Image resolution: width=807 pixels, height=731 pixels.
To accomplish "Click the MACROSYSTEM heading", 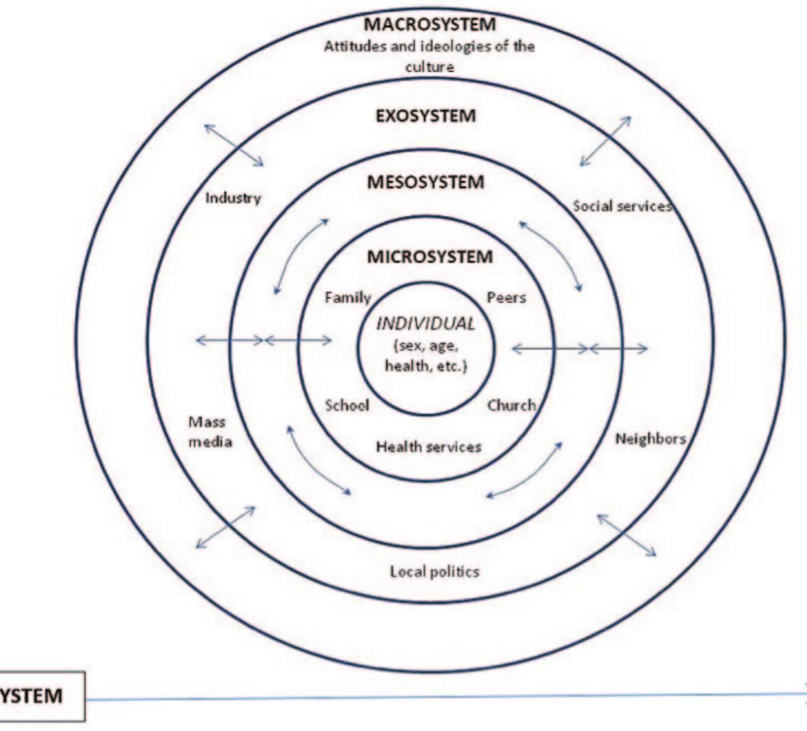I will click(x=430, y=25).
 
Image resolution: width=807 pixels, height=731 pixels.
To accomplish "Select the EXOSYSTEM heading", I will click(x=426, y=116).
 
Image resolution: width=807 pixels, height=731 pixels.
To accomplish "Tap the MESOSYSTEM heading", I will click(x=426, y=182).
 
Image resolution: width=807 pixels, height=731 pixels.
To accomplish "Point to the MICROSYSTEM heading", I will click(x=430, y=257).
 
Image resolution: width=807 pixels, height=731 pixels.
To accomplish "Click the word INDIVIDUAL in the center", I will click(x=426, y=324).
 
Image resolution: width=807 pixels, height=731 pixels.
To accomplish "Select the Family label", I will click(x=347, y=298).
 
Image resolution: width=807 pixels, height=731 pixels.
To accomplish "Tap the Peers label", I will click(x=506, y=298).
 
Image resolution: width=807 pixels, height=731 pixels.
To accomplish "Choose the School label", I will click(x=347, y=405).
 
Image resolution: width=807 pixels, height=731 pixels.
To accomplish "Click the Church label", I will click(x=511, y=405).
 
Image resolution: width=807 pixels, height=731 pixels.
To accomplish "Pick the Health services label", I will click(x=428, y=447).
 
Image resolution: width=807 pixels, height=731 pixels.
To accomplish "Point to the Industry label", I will click(x=233, y=198).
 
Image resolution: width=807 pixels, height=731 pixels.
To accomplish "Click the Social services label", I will click(x=622, y=206).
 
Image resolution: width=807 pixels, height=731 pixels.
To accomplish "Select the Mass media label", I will click(x=209, y=431).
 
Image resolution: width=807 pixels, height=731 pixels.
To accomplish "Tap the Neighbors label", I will click(x=650, y=439).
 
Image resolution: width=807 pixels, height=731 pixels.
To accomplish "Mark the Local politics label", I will click(x=434, y=572).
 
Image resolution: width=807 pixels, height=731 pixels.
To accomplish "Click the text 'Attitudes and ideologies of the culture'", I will click(x=429, y=56).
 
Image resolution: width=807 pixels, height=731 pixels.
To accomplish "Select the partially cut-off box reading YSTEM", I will click(x=40, y=696).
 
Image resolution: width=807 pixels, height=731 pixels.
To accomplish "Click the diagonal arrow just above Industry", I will click(x=234, y=145).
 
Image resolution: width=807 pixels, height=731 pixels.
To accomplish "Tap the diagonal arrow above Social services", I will click(x=605, y=141).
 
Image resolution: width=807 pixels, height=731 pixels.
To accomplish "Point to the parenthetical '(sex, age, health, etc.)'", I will click(x=426, y=356).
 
